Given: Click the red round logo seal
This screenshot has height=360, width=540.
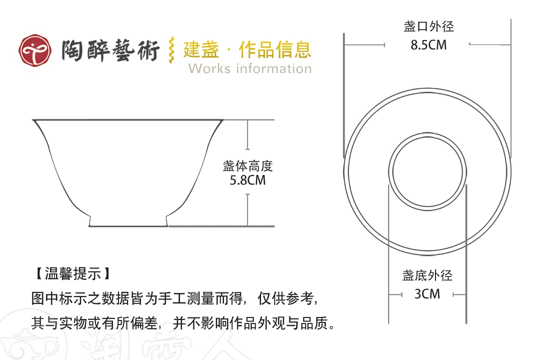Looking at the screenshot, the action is pyautogui.click(x=35, y=50).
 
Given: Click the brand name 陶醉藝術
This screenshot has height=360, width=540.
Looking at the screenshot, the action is pyautogui.click(x=110, y=50).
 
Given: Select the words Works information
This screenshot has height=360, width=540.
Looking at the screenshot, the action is pyautogui.click(x=250, y=68).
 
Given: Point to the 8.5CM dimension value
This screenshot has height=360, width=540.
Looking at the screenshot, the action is pyautogui.click(x=428, y=45).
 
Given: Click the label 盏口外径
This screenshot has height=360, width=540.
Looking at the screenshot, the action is pyautogui.click(x=429, y=26).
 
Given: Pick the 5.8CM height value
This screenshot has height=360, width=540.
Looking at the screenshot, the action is pyautogui.click(x=247, y=180).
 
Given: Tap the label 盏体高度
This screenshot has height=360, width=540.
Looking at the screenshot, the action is pyautogui.click(x=247, y=166).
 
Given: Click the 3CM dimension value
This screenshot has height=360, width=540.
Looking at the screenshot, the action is pyautogui.click(x=427, y=294).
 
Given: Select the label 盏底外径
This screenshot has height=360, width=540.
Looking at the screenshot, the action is pyautogui.click(x=427, y=275).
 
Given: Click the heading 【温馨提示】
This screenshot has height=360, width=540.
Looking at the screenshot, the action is pyautogui.click(x=73, y=274).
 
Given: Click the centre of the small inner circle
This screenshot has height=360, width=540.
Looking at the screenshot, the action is pyautogui.click(x=427, y=171).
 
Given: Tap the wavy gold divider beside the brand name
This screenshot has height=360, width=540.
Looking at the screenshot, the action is pyautogui.click(x=171, y=50).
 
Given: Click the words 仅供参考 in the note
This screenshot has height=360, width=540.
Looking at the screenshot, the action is pyautogui.click(x=285, y=298).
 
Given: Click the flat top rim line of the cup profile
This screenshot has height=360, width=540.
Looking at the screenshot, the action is pyautogui.click(x=128, y=120).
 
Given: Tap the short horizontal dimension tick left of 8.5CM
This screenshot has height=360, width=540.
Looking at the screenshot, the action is pyautogui.click(x=364, y=44).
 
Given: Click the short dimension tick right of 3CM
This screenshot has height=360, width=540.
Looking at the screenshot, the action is pyautogui.click(x=459, y=294).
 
